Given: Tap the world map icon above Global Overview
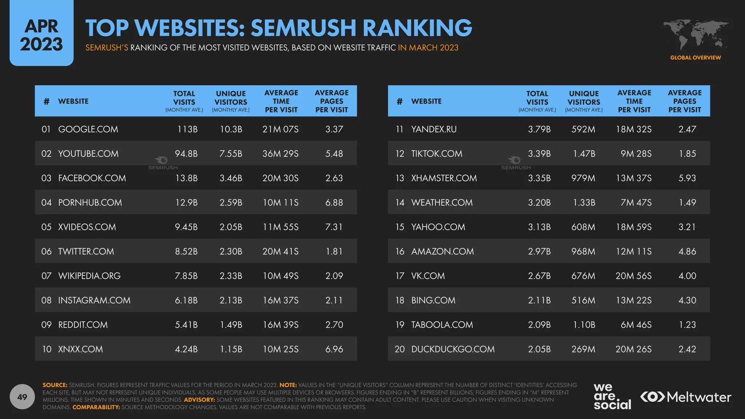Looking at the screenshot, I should (x=696, y=35).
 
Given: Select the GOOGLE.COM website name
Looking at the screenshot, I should (x=88, y=129).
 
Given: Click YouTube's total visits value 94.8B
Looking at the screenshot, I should (x=186, y=153).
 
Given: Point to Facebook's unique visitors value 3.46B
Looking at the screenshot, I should (x=231, y=178).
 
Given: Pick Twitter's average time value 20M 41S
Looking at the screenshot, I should (x=280, y=251).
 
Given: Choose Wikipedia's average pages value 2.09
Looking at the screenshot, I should (x=334, y=276).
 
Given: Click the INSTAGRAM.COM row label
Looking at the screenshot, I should (x=94, y=300).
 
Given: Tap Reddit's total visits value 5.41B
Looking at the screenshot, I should (x=186, y=324).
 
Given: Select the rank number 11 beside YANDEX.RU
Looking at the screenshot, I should (x=399, y=129).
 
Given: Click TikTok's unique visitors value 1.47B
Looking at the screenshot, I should (x=584, y=153).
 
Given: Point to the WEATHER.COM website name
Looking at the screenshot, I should (x=442, y=202).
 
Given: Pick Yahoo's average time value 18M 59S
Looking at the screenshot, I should (x=634, y=227).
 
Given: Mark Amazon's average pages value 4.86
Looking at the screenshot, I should (x=687, y=251).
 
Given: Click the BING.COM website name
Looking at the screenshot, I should (x=433, y=300).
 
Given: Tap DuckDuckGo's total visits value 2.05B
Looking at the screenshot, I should (x=539, y=349).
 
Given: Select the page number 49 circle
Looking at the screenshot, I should (x=22, y=397).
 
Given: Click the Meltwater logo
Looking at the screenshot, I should (x=686, y=397).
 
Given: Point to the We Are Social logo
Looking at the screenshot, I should (x=612, y=396).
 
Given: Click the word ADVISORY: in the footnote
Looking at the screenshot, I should (x=199, y=400).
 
